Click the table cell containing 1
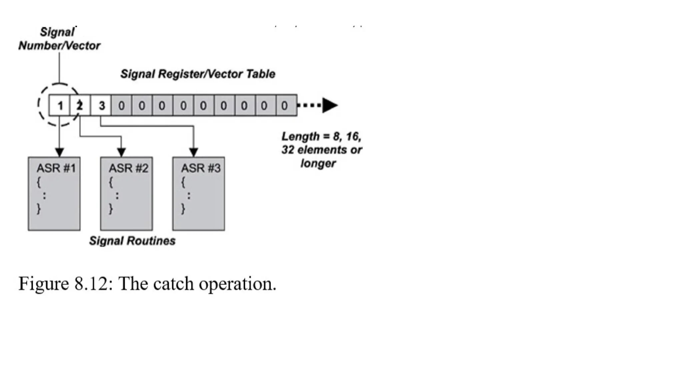(x=60, y=106)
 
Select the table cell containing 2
(x=80, y=106)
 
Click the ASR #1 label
(x=56, y=168)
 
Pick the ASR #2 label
(x=128, y=168)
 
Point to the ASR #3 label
(x=201, y=168)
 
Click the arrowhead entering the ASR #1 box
(x=59, y=152)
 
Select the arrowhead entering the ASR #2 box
(x=121, y=152)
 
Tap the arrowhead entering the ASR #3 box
(x=194, y=152)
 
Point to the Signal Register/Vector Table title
(x=198, y=74)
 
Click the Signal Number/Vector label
(x=59, y=39)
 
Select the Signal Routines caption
(x=132, y=241)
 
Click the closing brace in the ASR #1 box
(x=39, y=209)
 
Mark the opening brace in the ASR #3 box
(x=183, y=182)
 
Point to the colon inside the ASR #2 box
(x=117, y=195)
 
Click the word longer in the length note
(x=318, y=163)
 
